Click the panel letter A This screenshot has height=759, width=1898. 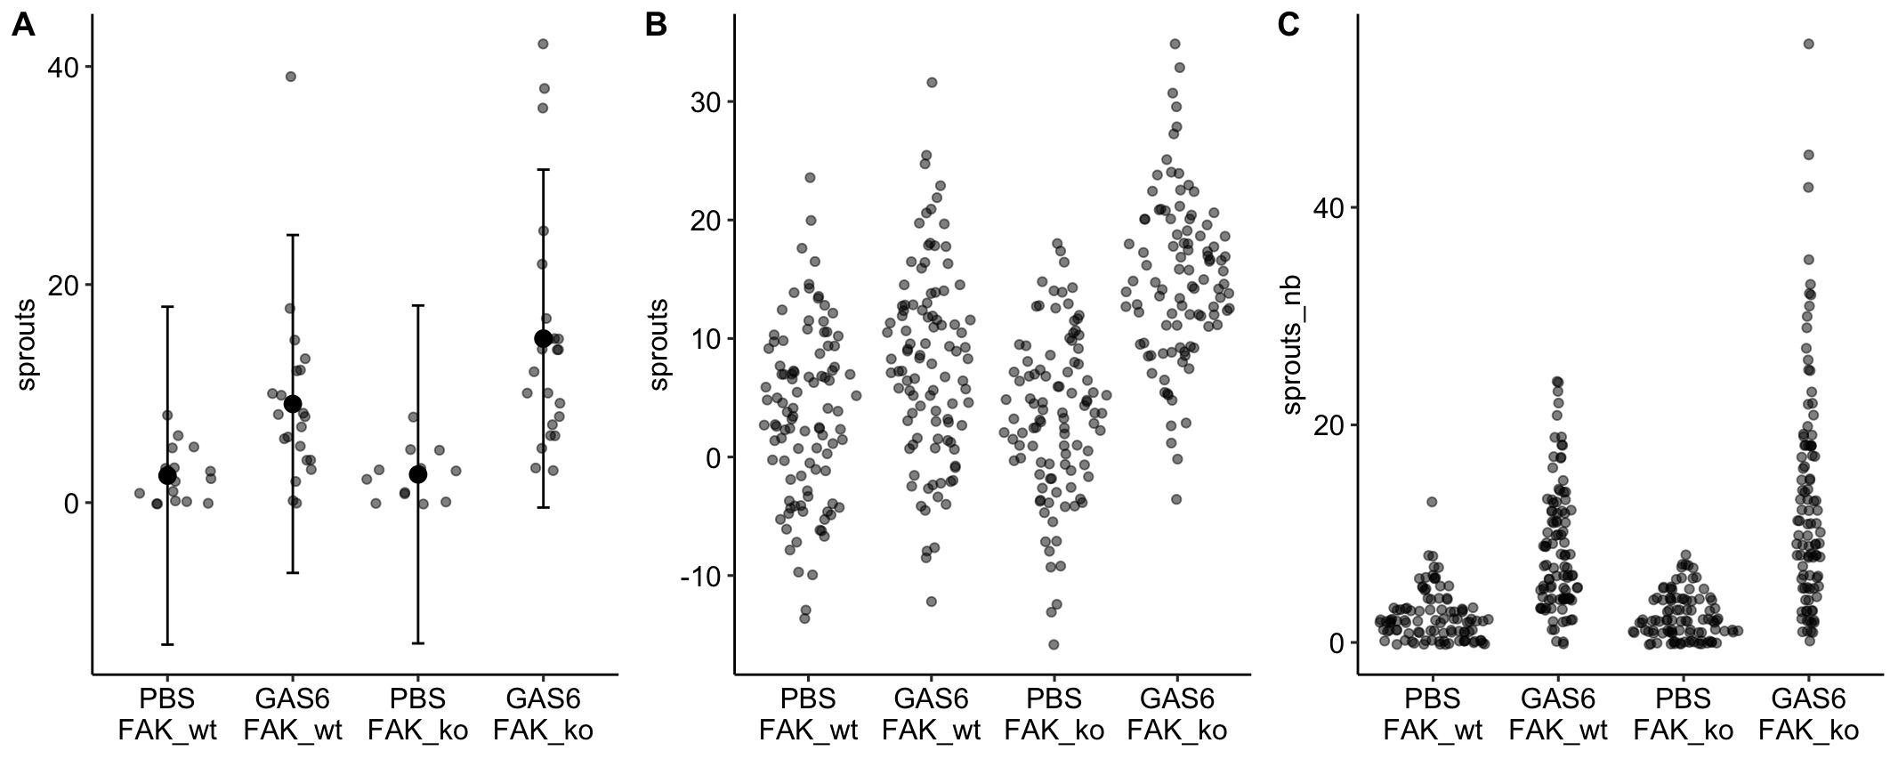pyautogui.click(x=23, y=26)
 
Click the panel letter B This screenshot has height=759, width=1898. pyautogui.click(x=655, y=26)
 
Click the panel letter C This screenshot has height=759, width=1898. pyautogui.click(x=1288, y=26)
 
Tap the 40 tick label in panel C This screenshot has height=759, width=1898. pyautogui.click(x=1329, y=207)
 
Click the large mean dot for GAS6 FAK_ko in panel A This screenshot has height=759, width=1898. pyautogui.click(x=543, y=338)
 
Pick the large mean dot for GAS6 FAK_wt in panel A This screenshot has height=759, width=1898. pyautogui.click(x=293, y=404)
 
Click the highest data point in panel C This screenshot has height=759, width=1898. pyautogui.click(x=1808, y=44)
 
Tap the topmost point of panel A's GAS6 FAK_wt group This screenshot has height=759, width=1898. pyautogui.click(x=290, y=77)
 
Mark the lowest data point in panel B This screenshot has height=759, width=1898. pyautogui.click(x=1054, y=644)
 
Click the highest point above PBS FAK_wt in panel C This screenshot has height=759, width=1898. pyautogui.click(x=1432, y=502)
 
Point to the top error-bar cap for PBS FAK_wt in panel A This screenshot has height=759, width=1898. pyautogui.click(x=167, y=306)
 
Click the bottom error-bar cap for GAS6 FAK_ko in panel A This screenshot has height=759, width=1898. pyautogui.click(x=543, y=507)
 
